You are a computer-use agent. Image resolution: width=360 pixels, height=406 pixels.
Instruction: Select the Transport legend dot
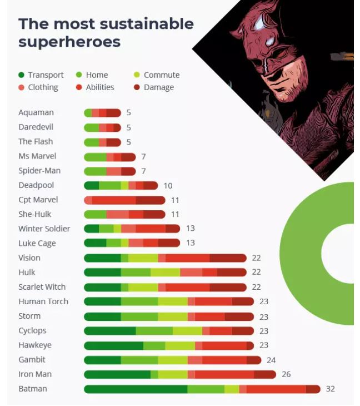[x=21, y=75]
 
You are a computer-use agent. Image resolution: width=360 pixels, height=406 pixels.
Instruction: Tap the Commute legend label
[x=161, y=75]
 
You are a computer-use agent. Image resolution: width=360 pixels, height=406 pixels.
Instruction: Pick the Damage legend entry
[x=158, y=87]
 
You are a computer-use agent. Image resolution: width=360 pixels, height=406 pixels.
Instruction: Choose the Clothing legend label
[x=43, y=87]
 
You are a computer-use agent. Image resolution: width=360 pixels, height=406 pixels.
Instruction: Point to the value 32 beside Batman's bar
[x=330, y=389]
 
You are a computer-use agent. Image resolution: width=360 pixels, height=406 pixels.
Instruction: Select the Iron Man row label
[x=34, y=374]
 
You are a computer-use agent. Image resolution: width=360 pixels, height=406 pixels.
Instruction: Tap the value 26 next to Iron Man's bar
[x=286, y=374]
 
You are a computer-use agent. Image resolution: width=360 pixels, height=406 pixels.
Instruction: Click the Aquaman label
[x=36, y=113]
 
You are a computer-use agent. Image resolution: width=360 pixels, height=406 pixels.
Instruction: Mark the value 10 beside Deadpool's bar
[x=168, y=185]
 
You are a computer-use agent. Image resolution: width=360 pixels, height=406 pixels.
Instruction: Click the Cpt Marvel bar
[x=124, y=200]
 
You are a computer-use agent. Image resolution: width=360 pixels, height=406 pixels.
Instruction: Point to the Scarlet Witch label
[x=42, y=287]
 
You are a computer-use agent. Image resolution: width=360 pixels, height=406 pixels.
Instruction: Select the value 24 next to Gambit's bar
[x=271, y=360]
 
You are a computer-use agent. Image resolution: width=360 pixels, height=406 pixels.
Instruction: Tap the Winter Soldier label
[x=44, y=229]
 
